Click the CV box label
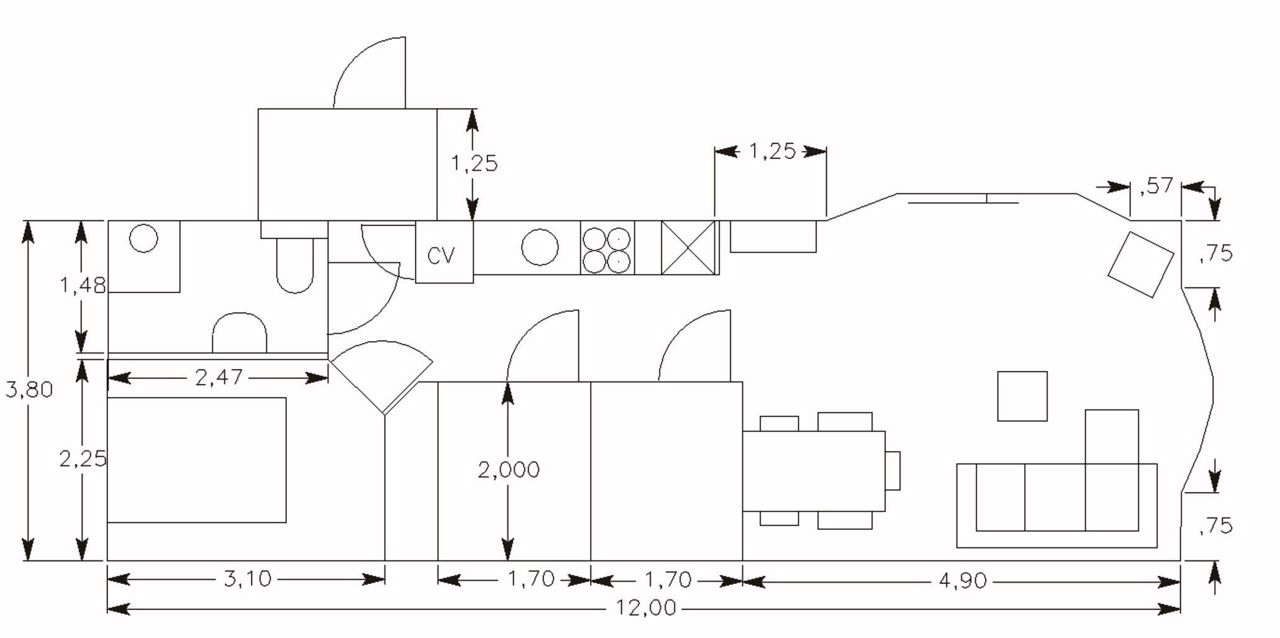pyautogui.click(x=442, y=255)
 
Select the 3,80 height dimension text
pyautogui.click(x=29, y=390)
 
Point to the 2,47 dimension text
pyautogui.click(x=219, y=377)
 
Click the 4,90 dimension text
pyautogui.click(x=962, y=581)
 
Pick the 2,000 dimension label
pyautogui.click(x=509, y=470)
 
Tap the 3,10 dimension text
pyautogui.click(x=248, y=579)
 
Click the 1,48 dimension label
pyautogui.click(x=83, y=286)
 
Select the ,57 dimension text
pyautogui.click(x=1156, y=186)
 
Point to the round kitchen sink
pyautogui.click(x=540, y=247)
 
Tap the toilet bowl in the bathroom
pyautogui.click(x=295, y=265)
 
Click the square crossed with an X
pyautogui.click(x=688, y=248)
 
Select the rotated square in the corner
pyautogui.click(x=1142, y=265)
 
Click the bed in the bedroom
pyautogui.click(x=197, y=460)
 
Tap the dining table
pyautogui.click(x=814, y=471)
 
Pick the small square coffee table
pyautogui.click(x=1022, y=396)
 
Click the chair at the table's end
pyautogui.click(x=892, y=470)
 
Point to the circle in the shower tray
pyautogui.click(x=143, y=238)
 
